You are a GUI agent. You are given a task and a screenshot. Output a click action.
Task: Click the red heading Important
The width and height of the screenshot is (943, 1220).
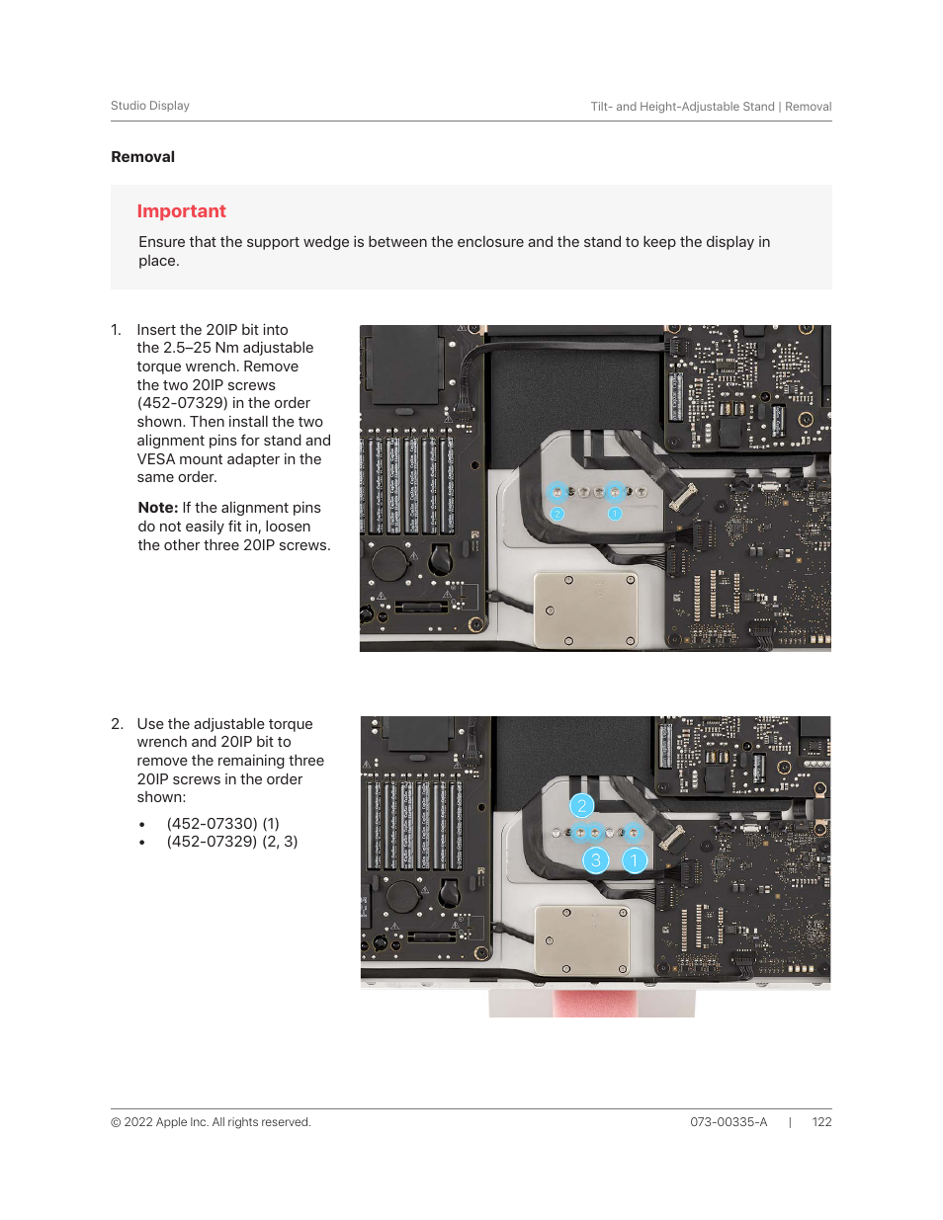[x=181, y=211]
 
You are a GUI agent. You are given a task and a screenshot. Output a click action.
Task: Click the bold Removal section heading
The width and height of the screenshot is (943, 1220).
[x=142, y=157]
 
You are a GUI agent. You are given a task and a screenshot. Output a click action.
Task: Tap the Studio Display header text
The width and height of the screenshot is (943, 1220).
[x=150, y=106]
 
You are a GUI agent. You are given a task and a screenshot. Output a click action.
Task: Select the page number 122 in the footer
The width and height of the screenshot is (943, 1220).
[x=821, y=1122]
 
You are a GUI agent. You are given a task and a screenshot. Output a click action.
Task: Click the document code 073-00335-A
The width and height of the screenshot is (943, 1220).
[x=729, y=1122]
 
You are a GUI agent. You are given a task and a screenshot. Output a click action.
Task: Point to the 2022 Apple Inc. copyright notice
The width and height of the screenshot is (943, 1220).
[x=211, y=1122]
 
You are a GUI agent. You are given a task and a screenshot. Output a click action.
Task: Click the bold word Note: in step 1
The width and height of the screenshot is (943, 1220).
[x=158, y=508]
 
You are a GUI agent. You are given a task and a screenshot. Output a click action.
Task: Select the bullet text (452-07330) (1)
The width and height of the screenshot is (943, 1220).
[x=222, y=824]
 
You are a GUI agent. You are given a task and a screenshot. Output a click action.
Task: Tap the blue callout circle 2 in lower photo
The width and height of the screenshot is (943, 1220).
[x=582, y=806]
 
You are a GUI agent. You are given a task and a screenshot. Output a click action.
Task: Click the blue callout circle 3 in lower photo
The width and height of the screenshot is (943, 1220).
[x=595, y=860]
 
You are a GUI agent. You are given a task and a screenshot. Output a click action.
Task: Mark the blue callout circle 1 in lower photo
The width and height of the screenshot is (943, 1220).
[x=634, y=860]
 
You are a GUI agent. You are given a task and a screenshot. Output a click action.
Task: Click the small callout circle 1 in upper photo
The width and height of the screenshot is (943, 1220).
[x=615, y=514]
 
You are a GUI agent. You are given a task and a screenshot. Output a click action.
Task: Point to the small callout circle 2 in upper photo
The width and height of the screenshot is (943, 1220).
[x=557, y=514]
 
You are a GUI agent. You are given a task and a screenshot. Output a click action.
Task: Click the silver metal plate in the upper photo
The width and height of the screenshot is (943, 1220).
[x=585, y=609]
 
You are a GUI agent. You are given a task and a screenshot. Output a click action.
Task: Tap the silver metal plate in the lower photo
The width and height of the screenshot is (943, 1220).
[x=582, y=939]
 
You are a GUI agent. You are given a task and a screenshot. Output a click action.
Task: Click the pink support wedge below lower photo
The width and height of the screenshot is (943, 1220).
[x=591, y=1004]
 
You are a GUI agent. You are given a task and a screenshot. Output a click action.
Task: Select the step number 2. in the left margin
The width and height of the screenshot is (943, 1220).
[x=117, y=724]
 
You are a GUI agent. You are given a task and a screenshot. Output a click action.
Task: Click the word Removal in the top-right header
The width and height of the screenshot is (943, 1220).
[x=808, y=107]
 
